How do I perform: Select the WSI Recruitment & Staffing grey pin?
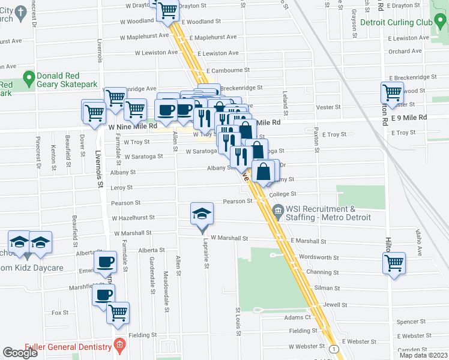(278, 209)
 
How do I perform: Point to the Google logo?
(20, 353)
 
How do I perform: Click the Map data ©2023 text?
(423, 355)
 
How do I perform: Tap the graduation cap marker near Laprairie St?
(202, 215)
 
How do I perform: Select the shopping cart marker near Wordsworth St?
(394, 263)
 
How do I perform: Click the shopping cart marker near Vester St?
(392, 93)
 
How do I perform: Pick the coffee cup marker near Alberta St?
(105, 262)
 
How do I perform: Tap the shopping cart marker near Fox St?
(118, 313)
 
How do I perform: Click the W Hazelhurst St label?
(133, 218)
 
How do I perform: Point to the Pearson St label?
(125, 203)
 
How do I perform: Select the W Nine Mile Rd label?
(133, 127)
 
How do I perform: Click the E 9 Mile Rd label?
(409, 118)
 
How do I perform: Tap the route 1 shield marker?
(334, 349)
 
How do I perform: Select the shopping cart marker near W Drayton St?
(167, 9)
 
